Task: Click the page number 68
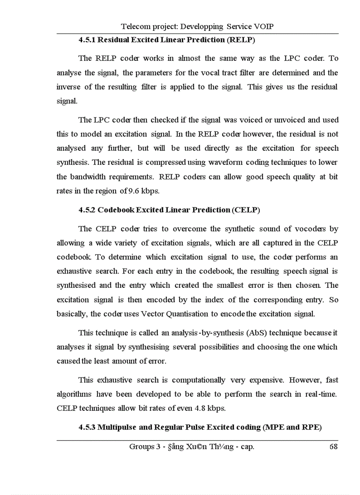click(334, 447)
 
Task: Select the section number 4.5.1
click(87, 40)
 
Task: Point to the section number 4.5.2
click(87, 210)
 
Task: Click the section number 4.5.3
click(87, 427)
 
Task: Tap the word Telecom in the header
click(134, 26)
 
